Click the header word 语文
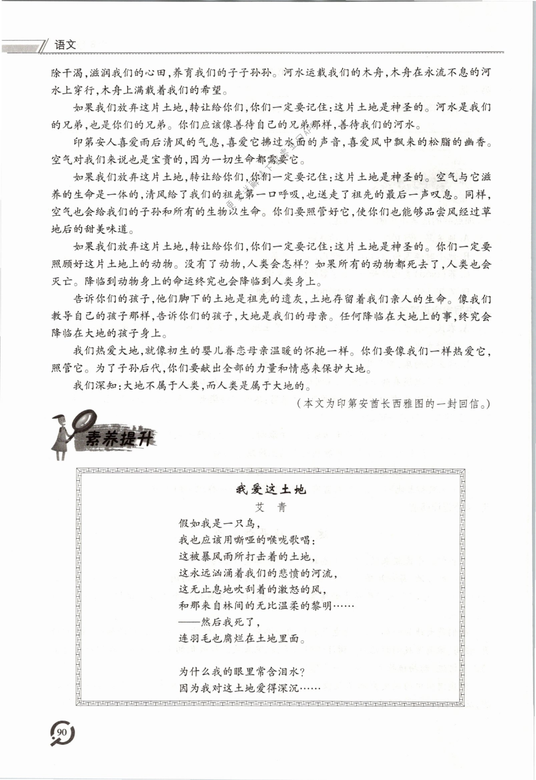coord(65,45)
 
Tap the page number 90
coord(62,732)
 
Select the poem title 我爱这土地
coord(271,489)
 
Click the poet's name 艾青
coord(271,507)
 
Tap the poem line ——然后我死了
coord(219,622)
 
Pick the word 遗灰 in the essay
coord(293,299)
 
